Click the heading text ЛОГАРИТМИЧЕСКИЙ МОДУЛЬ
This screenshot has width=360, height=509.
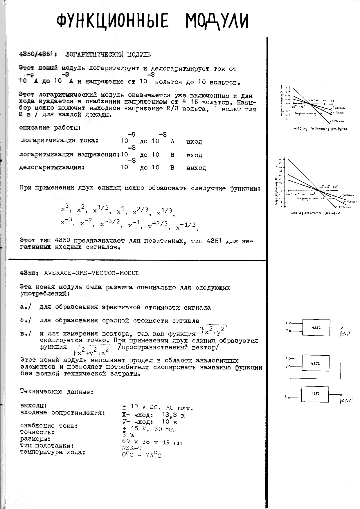tap(108, 54)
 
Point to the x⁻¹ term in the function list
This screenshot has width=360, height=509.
tap(136, 224)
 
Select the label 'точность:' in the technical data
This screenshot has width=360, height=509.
tap(37, 432)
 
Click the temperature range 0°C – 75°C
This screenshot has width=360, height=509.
tap(141, 455)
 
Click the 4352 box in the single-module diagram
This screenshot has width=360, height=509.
tap(316, 327)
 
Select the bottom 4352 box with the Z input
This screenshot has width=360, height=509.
tap(315, 394)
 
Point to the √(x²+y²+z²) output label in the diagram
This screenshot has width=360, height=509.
tap(346, 401)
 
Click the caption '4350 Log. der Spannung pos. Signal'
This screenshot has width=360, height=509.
tap(320, 128)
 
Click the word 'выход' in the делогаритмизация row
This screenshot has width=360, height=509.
tap(196, 168)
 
